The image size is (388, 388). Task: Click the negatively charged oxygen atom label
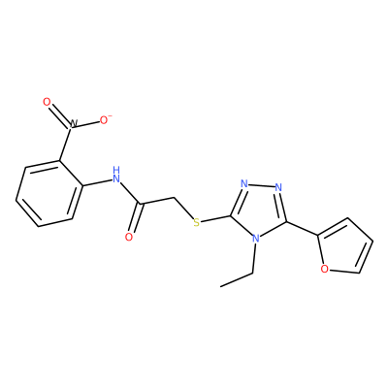[x=105, y=120]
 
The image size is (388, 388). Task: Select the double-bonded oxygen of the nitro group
[x=48, y=102]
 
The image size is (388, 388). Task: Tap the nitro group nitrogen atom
[x=73, y=124]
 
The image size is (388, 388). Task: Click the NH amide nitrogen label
[x=115, y=175]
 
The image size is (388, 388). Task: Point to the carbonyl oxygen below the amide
[x=129, y=237]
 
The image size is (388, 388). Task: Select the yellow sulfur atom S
[x=196, y=222]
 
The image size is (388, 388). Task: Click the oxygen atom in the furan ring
[x=325, y=269]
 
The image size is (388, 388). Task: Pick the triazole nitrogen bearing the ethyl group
[x=256, y=240]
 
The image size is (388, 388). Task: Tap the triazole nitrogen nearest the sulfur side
[x=244, y=184]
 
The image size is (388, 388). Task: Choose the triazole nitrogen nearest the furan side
[x=278, y=187]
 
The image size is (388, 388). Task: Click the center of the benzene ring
[x=49, y=193]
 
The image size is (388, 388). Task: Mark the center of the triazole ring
[x=259, y=210]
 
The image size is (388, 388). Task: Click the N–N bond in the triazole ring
[x=261, y=185]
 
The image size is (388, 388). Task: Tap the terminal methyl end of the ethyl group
[x=221, y=286]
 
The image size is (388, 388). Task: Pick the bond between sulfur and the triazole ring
[x=215, y=219]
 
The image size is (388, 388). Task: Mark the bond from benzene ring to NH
[x=97, y=182]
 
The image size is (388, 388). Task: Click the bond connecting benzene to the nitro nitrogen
[x=65, y=145]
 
